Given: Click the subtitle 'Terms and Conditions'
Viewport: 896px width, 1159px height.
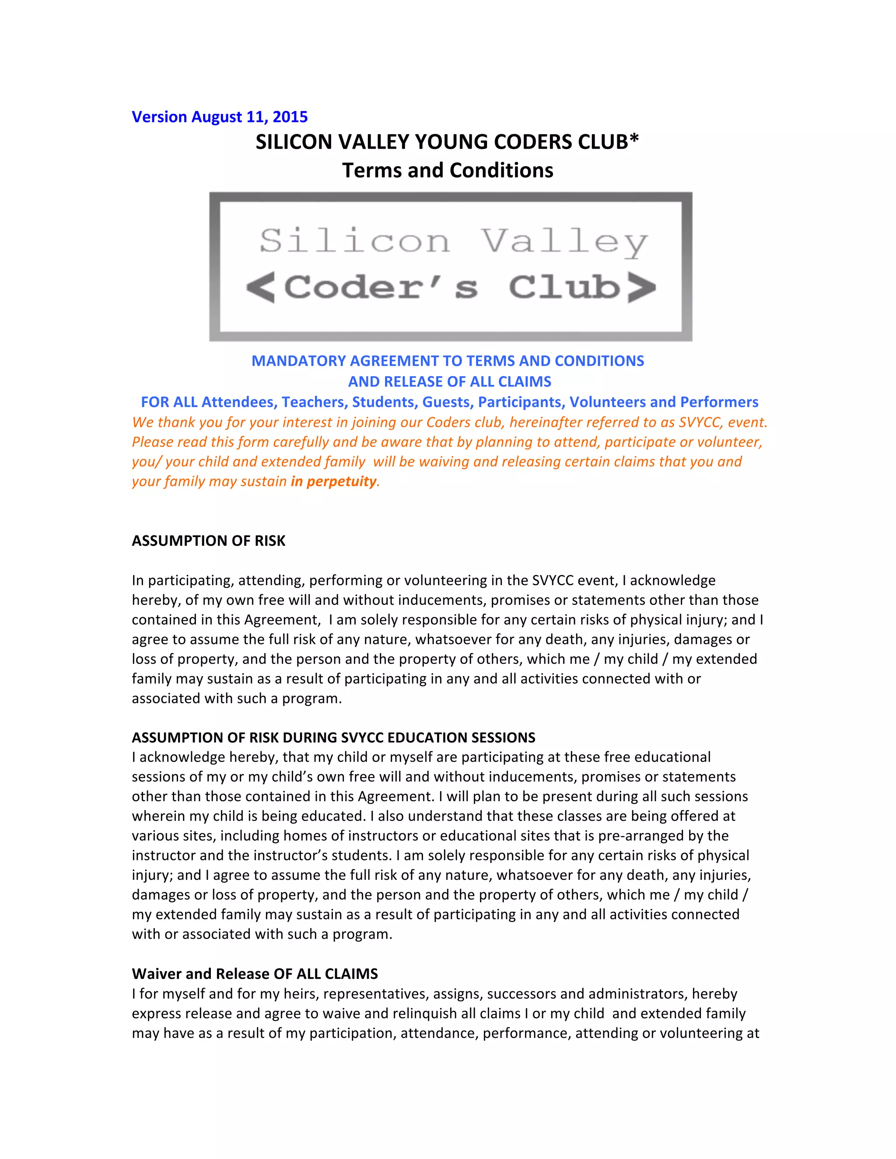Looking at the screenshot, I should click(x=448, y=170).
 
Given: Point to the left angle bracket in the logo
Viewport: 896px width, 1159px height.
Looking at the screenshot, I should click(x=261, y=287).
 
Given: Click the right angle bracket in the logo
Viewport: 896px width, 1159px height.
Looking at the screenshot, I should click(x=641, y=287).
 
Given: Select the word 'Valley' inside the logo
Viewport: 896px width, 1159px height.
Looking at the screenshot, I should click(x=564, y=241).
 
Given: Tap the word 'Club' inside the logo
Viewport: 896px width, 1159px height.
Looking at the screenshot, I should click(x=564, y=287).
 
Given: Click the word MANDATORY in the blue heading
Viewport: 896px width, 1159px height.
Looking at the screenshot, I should click(x=298, y=361).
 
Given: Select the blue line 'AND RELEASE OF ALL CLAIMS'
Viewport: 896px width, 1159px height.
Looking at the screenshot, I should click(x=449, y=381).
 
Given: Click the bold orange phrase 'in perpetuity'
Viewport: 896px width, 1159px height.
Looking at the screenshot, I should click(x=333, y=482).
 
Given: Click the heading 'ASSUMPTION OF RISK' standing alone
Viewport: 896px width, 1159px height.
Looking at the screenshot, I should click(x=209, y=541).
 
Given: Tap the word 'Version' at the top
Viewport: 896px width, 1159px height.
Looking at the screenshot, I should click(x=159, y=117).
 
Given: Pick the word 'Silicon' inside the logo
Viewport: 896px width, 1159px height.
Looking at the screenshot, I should click(x=354, y=241).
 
